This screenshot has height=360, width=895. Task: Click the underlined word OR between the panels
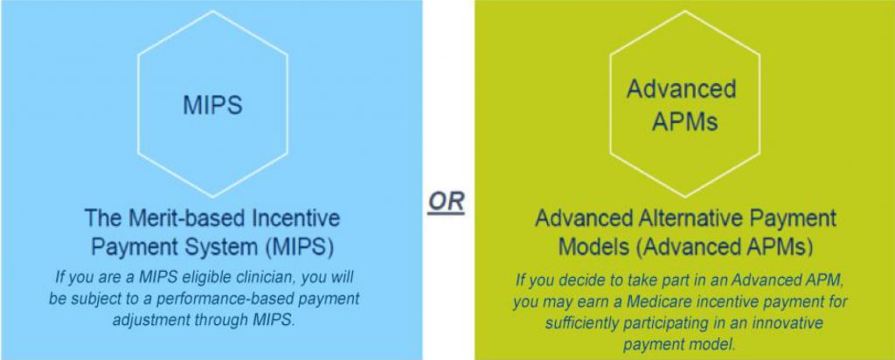447,204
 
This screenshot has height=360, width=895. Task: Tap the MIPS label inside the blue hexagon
213,106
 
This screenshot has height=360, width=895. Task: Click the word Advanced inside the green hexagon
681,90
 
